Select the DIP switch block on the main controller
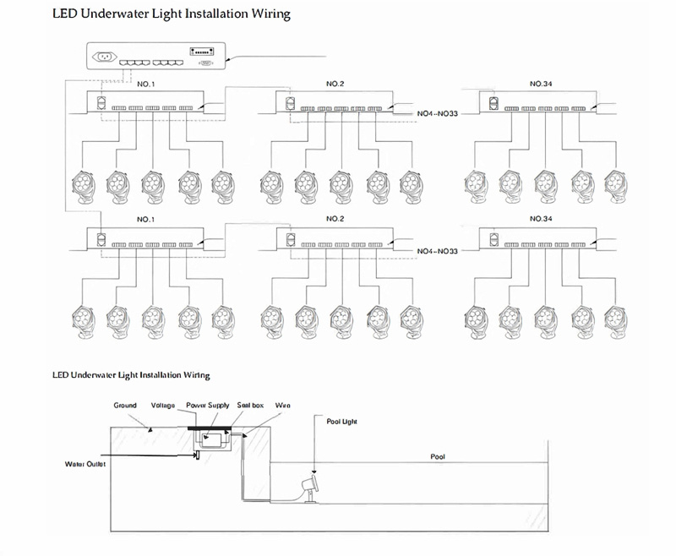[202, 51]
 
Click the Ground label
[125, 406]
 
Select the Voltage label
[163, 406]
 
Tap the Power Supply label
[207, 406]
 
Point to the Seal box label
[251, 406]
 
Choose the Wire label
[283, 406]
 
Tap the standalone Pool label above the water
[437, 456]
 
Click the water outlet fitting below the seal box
[197, 456]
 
